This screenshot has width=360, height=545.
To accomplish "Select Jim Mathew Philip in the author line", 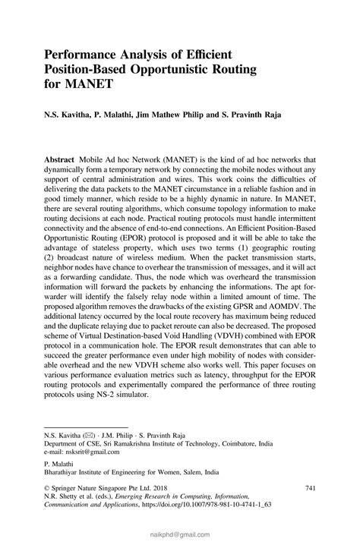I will tap(174, 118).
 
